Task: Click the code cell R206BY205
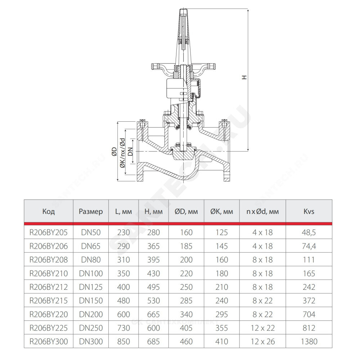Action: point(49,232)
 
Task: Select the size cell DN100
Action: point(91,274)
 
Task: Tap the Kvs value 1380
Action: point(309,341)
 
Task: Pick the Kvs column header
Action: point(309,211)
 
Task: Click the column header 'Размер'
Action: point(91,211)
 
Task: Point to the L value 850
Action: point(123,341)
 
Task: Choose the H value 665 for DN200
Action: point(153,314)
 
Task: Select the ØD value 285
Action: point(186,301)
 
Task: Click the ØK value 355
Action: point(221,328)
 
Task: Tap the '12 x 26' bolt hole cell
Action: point(263,341)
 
